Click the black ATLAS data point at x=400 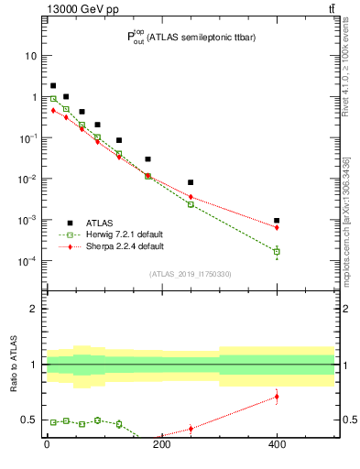[x=277, y=221]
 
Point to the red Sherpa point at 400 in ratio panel [x=277, y=397]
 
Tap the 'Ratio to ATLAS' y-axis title [x=15, y=365]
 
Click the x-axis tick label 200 [x=162, y=445]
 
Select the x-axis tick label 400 [x=277, y=445]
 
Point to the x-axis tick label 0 [x=47, y=445]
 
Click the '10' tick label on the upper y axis [x=30, y=55]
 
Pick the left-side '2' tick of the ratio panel [x=33, y=309]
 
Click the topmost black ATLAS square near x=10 [x=53, y=85]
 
